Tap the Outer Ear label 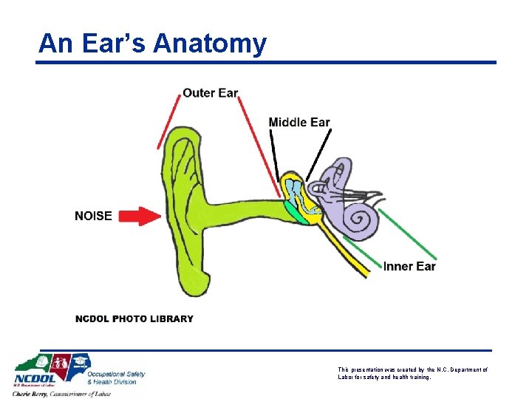coord(211,93)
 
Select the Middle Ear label coord(299,122)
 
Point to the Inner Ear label coord(409,266)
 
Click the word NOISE coord(93,216)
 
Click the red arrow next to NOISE coord(140,216)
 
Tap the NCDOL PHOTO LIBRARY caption coord(134,318)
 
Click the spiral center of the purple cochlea coord(363,219)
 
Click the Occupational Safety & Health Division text coord(116,378)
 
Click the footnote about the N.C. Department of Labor coord(412,373)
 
